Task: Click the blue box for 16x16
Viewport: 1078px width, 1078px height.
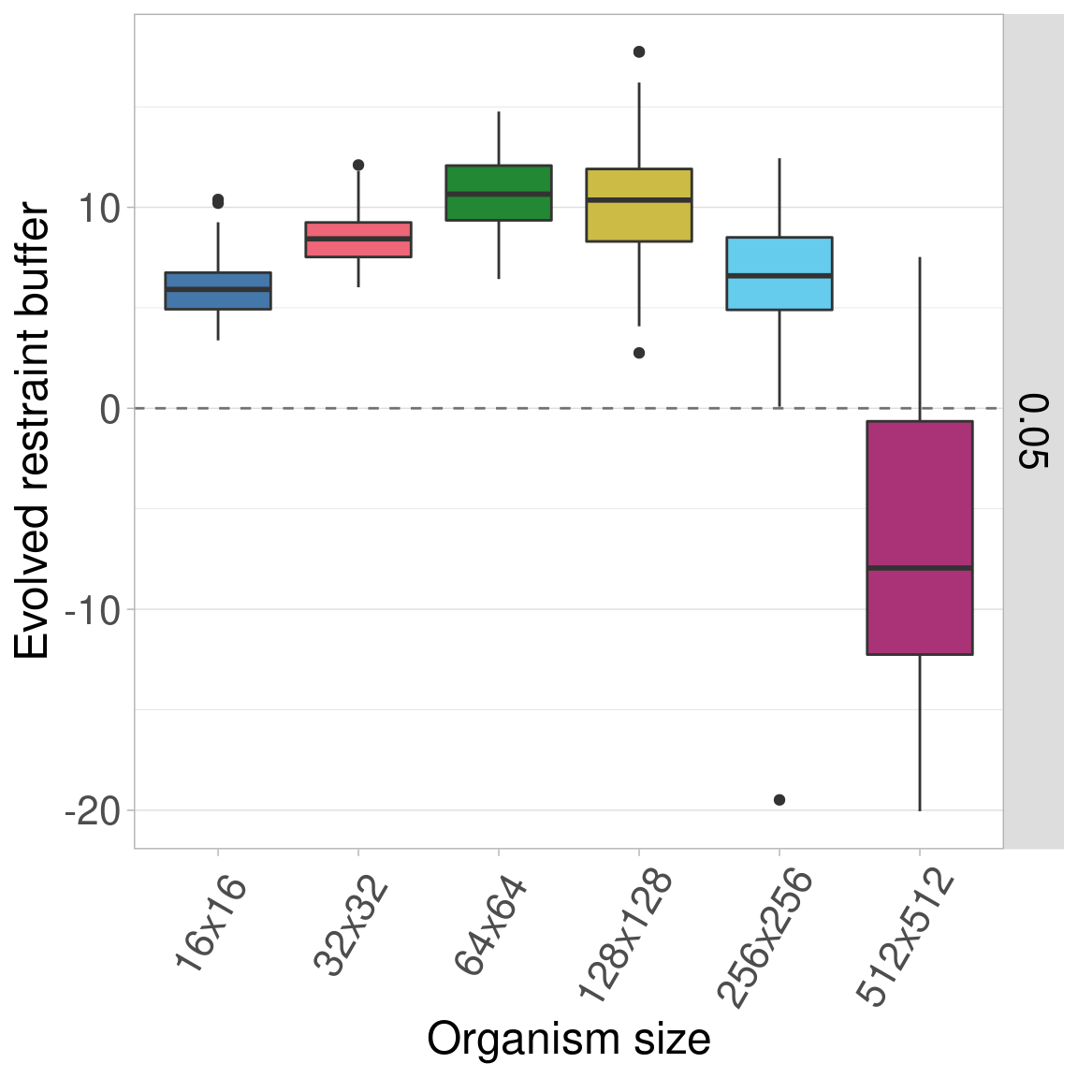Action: pyautogui.click(x=218, y=290)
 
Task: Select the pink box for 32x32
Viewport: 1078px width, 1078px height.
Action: pyautogui.click(x=358, y=240)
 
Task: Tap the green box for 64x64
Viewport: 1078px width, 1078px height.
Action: pyautogui.click(x=499, y=193)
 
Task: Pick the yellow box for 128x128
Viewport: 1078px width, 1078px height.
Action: pyautogui.click(x=639, y=205)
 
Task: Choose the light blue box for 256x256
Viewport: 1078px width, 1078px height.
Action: pyautogui.click(x=779, y=273)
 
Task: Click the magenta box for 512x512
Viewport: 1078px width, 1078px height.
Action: pyautogui.click(x=920, y=538)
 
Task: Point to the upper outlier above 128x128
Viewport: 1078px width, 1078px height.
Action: pyautogui.click(x=639, y=51)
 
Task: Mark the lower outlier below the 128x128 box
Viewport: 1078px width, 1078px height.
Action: pyautogui.click(x=639, y=353)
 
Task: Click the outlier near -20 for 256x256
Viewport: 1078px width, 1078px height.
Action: pyautogui.click(x=779, y=799)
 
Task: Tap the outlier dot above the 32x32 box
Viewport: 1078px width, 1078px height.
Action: pyautogui.click(x=358, y=165)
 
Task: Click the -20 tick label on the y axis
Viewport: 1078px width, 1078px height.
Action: pyautogui.click(x=93, y=810)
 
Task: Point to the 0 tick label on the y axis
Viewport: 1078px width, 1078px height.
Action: pyautogui.click(x=110, y=409)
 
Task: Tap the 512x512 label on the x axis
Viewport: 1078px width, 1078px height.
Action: pyautogui.click(x=905, y=938)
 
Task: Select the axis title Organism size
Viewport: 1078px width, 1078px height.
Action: pyautogui.click(x=568, y=1040)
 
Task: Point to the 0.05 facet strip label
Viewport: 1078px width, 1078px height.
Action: pyautogui.click(x=1033, y=430)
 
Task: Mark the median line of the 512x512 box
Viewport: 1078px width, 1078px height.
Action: pyautogui.click(x=920, y=568)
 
